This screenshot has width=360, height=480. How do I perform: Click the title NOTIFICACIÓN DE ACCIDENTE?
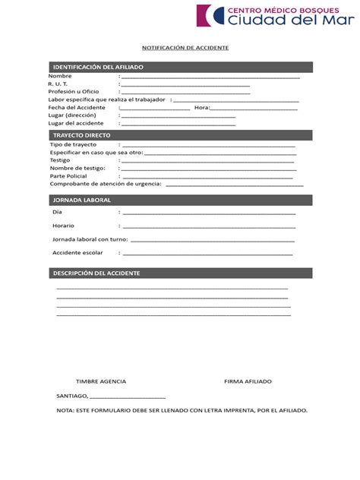[180, 48]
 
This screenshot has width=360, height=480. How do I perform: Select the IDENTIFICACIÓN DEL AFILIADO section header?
[97, 68]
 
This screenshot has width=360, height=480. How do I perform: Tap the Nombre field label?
[60, 77]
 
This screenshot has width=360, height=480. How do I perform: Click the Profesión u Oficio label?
[74, 92]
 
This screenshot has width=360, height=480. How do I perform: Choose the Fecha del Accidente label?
[77, 108]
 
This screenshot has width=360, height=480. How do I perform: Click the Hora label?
[202, 108]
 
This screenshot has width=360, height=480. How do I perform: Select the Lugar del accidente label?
[76, 123]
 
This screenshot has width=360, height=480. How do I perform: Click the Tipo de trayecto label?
[74, 144]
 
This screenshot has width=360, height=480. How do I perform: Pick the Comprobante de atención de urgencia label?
[106, 184]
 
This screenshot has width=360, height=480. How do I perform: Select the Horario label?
[63, 226]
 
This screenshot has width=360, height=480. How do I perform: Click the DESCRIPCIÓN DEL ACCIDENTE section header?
[96, 273]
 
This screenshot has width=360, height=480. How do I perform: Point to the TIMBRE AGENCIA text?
[101, 381]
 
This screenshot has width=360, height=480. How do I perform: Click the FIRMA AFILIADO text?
[248, 381]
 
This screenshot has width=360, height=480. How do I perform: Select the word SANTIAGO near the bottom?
[71, 396]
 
